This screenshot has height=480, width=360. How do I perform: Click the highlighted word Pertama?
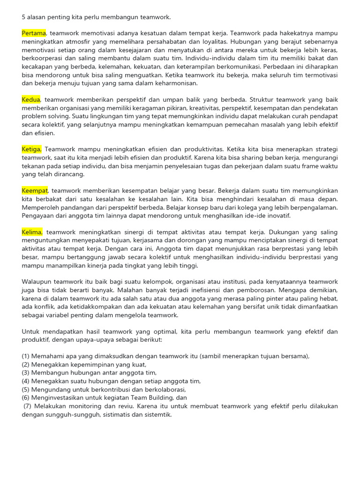(x=34, y=33)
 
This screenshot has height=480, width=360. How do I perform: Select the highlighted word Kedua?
(x=31, y=100)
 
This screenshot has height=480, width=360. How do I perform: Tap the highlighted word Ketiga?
(x=32, y=149)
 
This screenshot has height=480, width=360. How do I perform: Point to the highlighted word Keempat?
(x=35, y=190)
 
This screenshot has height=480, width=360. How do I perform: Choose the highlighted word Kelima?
(x=32, y=232)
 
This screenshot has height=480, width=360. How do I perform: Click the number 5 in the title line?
(x=23, y=17)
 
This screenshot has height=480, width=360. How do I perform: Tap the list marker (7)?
(x=27, y=406)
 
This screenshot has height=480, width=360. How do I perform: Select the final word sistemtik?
(x=158, y=414)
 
